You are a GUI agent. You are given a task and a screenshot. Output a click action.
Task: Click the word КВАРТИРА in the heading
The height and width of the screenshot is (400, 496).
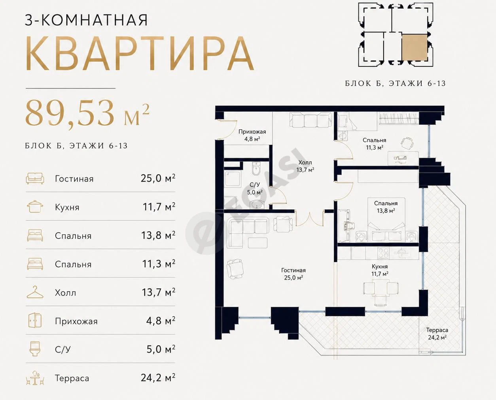[139, 54]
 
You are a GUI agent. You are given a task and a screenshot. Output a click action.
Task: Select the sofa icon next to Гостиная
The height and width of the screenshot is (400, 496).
[35, 178]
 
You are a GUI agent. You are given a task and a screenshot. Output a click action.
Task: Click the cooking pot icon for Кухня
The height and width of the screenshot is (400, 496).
[35, 207]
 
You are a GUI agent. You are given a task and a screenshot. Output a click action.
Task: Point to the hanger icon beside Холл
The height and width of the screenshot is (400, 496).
[35, 292]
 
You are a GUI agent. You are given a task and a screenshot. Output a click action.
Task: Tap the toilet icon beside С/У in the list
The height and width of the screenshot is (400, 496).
[35, 349]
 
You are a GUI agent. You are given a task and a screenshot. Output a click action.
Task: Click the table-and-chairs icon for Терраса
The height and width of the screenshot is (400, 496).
[35, 378]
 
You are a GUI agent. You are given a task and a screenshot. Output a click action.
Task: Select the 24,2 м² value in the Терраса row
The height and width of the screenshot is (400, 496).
[158, 377]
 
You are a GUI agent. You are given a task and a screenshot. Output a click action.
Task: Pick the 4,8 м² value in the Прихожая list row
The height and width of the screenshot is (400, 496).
[161, 321]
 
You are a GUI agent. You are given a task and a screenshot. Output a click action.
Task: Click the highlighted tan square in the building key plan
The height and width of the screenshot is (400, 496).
[415, 47]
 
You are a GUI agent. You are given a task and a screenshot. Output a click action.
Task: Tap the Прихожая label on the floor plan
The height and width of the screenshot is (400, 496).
[252, 132]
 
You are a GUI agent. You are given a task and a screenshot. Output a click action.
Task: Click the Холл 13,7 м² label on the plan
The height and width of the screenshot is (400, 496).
[305, 166]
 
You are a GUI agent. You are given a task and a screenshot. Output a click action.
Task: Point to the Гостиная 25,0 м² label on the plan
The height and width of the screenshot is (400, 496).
[293, 274]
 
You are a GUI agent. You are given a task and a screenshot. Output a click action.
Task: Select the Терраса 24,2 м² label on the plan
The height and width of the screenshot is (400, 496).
[437, 334]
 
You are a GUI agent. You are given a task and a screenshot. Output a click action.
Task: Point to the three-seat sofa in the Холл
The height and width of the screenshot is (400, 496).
[310, 120]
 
